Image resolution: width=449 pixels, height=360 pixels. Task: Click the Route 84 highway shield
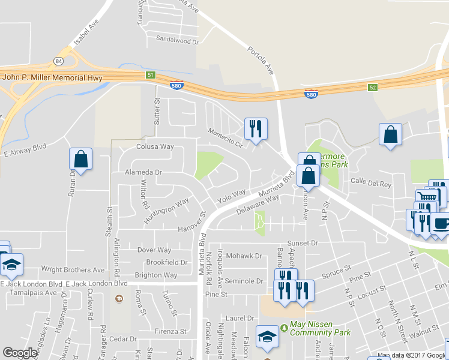pyautogui.click(x=58, y=62)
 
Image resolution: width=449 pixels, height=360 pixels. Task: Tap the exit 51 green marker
pyautogui.click(x=151, y=75)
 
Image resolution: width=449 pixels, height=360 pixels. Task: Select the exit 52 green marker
pyautogui.click(x=372, y=88)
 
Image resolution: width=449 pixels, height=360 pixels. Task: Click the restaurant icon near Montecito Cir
pyautogui.click(x=255, y=128)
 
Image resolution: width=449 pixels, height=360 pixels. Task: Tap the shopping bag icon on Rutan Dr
pyautogui.click(x=80, y=159)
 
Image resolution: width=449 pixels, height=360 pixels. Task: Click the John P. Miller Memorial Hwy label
pyautogui.click(x=52, y=77)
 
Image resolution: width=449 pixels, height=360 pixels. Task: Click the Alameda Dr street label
pyautogui.click(x=143, y=172)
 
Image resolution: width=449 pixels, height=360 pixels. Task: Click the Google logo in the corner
pyautogui.click(x=20, y=352)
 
